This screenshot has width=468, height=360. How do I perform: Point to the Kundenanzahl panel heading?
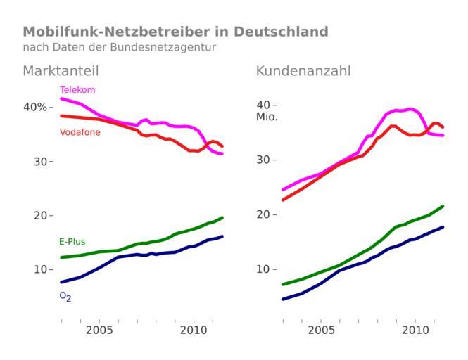(303, 71)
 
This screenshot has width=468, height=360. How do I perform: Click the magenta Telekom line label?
(77, 90)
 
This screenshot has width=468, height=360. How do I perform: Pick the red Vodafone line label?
(80, 132)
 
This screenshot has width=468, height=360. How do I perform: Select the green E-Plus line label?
(72, 242)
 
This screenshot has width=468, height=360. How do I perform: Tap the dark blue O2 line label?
(65, 297)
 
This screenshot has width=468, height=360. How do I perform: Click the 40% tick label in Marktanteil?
(34, 107)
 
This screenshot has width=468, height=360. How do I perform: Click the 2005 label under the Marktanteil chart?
(99, 330)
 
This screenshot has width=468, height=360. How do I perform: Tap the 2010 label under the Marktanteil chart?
(193, 330)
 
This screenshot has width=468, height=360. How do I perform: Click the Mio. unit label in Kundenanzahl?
(267, 117)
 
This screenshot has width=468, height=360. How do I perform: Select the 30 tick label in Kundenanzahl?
(263, 160)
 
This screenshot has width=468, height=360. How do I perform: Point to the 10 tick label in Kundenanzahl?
(263, 269)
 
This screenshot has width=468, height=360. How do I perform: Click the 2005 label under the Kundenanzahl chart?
(321, 330)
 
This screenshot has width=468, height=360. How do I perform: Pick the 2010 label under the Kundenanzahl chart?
(415, 330)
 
